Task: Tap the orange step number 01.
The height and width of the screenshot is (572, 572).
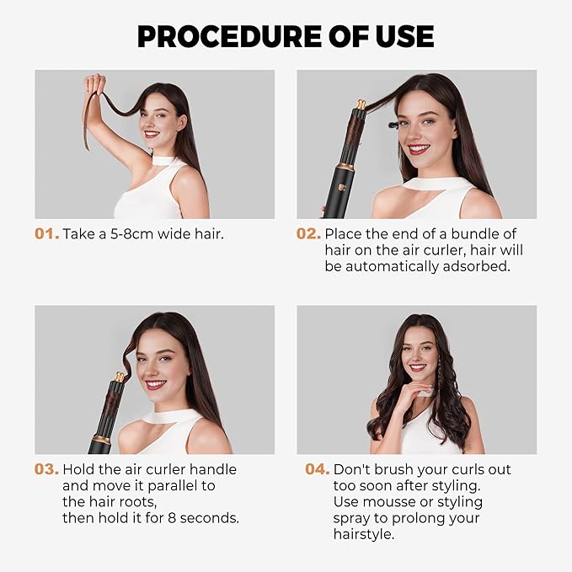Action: (46, 233)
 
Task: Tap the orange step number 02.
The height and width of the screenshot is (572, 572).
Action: (308, 233)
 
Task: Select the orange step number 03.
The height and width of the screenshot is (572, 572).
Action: (46, 469)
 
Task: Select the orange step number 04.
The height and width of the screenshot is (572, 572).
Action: (317, 469)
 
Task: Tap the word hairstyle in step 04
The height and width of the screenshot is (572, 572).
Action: (364, 534)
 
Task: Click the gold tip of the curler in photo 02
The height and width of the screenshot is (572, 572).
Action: (361, 105)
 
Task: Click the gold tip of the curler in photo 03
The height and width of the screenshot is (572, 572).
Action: (120, 378)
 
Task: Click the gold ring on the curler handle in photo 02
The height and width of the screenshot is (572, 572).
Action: (345, 167)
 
